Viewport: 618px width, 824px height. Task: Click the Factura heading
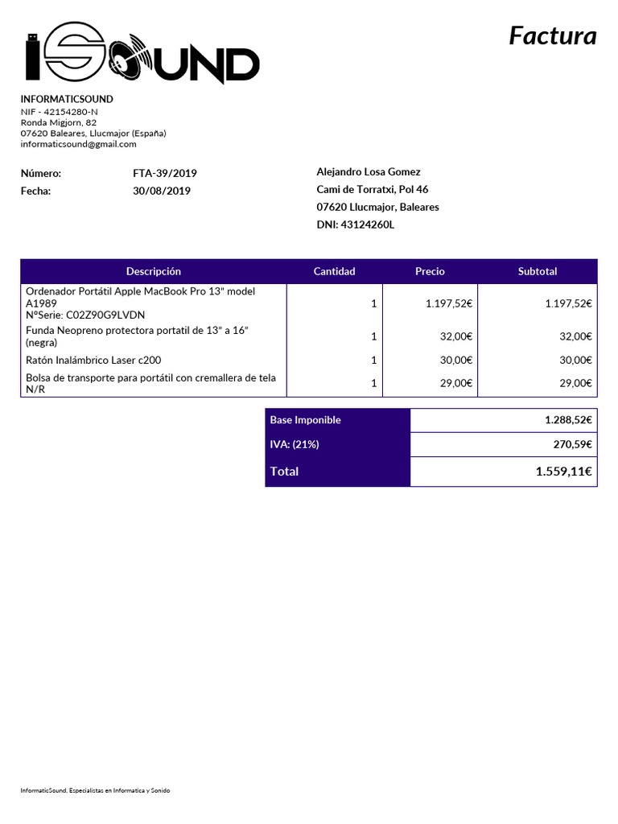[553, 36]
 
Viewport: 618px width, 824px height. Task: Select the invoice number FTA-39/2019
[165, 173]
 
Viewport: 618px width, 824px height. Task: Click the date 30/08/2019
[162, 191]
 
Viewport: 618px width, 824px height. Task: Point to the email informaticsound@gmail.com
[78, 144]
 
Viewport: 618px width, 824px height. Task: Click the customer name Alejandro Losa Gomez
[369, 171]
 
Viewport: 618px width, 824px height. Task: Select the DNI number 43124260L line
[356, 225]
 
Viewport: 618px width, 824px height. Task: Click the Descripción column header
[154, 271]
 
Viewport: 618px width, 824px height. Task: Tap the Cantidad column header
[334, 271]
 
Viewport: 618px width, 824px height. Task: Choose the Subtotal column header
[538, 271]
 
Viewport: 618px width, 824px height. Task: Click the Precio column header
[430, 271]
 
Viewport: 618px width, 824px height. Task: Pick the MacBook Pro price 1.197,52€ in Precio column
[448, 303]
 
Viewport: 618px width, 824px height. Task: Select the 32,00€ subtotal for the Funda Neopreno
[575, 336]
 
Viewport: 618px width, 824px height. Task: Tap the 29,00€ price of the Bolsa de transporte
[455, 384]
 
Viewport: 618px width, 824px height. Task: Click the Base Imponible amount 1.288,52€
[568, 420]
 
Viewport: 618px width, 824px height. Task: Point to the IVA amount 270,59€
[574, 444]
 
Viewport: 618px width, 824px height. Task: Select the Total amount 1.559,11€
[563, 472]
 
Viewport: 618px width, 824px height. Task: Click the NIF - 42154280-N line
[60, 111]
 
